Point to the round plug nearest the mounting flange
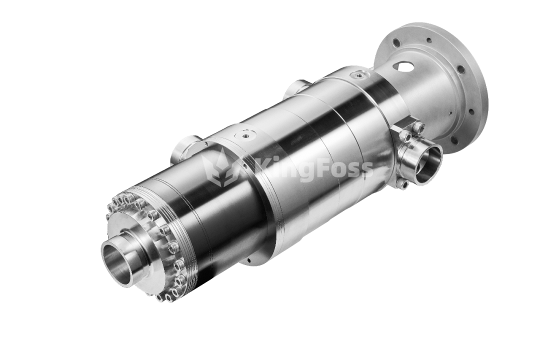click(x=360, y=73)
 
